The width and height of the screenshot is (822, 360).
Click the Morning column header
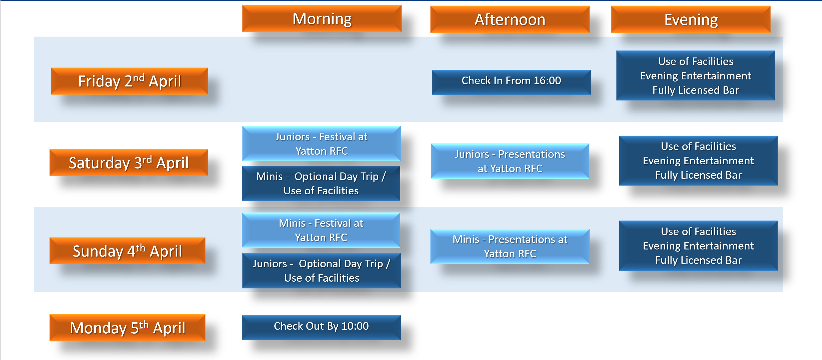point(322,19)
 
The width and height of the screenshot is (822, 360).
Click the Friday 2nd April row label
point(130,81)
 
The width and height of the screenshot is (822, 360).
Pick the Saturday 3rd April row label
point(129,163)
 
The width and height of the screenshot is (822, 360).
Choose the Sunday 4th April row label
point(127,251)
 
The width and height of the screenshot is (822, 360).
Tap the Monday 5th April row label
point(127,328)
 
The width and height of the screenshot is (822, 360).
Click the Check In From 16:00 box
point(511,82)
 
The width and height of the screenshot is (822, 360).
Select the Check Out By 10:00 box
point(321,327)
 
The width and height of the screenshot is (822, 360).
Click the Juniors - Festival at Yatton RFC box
point(321,144)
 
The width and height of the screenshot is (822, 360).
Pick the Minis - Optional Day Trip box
point(321,183)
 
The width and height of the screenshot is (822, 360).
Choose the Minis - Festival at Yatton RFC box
point(321,230)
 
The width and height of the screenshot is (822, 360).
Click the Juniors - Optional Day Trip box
point(321,271)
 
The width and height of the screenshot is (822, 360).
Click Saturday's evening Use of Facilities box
point(698,160)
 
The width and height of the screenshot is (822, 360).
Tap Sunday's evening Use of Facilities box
point(698,246)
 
